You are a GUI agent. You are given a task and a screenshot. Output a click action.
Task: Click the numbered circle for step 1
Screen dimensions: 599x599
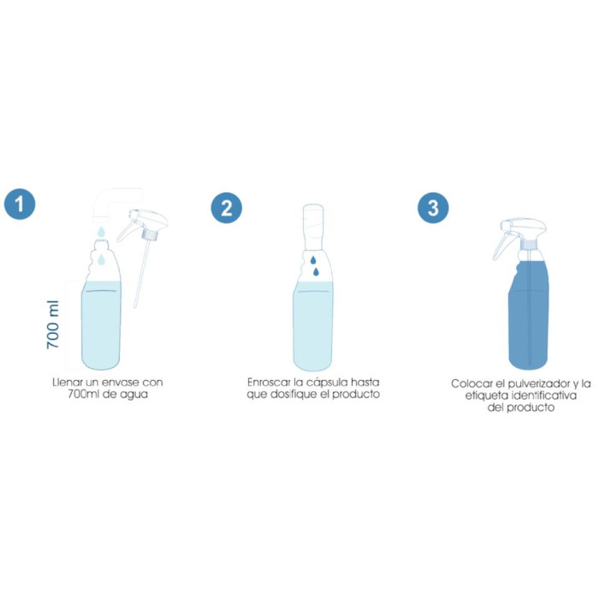tap(21, 206)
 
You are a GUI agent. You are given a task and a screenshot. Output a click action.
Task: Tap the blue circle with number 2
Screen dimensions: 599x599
tap(226, 207)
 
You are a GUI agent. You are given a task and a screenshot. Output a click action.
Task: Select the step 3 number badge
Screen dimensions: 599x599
tap(432, 207)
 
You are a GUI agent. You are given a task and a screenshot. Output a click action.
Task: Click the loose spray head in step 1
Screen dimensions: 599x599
tap(143, 223)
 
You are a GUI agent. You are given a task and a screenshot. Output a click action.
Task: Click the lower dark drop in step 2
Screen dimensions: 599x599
tap(317, 272)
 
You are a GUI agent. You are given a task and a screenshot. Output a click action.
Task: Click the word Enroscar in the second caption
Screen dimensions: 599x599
tap(266, 382)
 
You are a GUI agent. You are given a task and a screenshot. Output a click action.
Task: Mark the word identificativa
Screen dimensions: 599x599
tap(547, 396)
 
